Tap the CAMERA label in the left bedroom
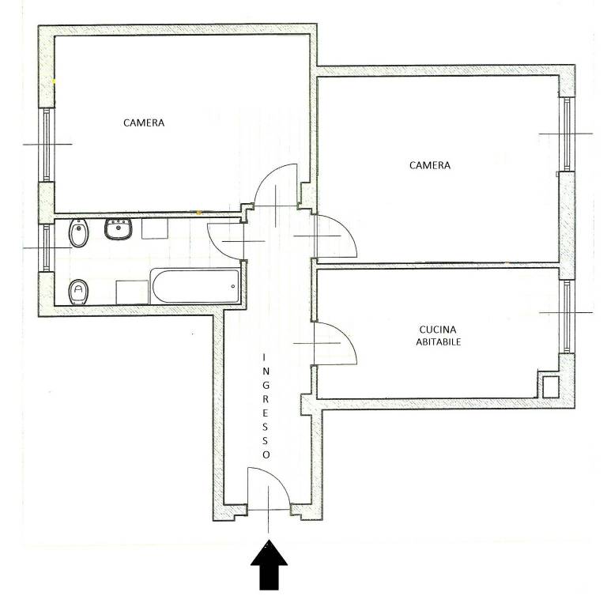click(144, 123)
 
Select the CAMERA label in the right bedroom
click(430, 165)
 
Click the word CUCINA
click(438, 330)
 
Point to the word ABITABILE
click(438, 341)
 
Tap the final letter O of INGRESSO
click(266, 454)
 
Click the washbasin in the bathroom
click(119, 228)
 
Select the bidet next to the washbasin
click(79, 232)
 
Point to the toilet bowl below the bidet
click(78, 292)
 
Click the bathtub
click(195, 286)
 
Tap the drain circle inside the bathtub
click(233, 286)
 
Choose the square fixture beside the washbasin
click(154, 228)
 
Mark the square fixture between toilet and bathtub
click(132, 292)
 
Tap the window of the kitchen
click(567, 316)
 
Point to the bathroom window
click(47, 247)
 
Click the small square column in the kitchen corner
click(550, 386)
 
